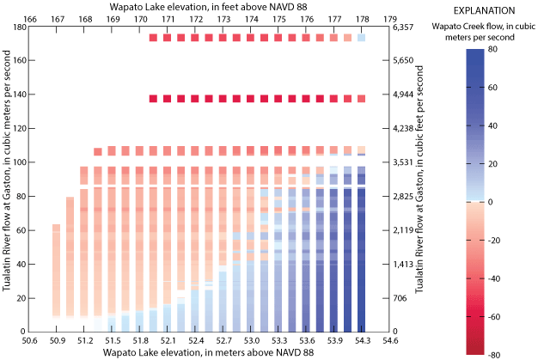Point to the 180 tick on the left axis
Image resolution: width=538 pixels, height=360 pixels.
point(19,27)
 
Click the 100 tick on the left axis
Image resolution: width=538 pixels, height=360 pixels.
point(19,162)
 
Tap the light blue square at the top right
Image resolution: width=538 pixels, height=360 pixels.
point(361,38)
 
